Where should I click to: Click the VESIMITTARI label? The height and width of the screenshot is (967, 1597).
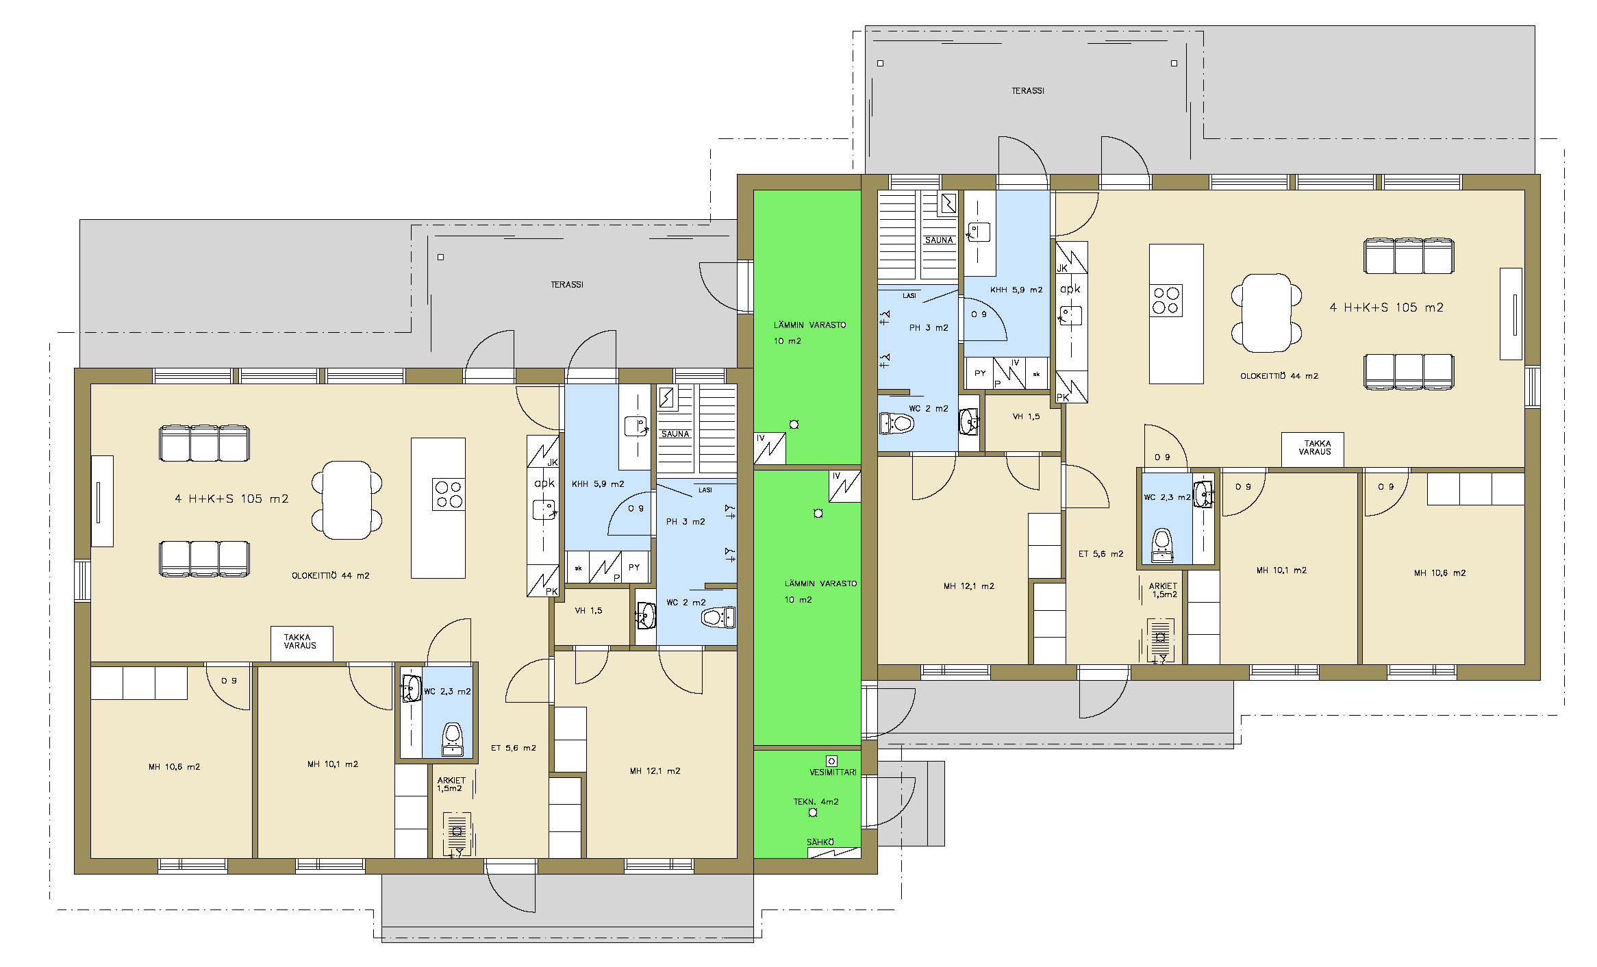pos(833,773)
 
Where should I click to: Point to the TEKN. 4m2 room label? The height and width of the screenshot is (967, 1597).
pos(816,802)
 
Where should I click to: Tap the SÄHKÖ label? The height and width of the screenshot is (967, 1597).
pos(820,842)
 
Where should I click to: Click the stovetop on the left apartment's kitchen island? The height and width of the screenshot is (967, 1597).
pos(449,494)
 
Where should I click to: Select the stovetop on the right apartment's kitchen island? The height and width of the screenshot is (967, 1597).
pos(1166,301)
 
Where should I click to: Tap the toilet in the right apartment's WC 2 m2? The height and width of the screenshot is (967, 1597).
pos(896,423)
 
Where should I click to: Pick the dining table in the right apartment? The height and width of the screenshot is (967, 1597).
pos(1266,313)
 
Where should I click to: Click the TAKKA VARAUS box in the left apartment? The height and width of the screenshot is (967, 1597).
pos(302,644)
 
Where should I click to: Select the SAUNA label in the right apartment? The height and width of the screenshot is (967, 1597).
pos(939,240)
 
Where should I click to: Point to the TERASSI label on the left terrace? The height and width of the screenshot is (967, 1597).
pos(567,285)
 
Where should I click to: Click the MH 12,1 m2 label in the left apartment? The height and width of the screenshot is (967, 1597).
pos(655,771)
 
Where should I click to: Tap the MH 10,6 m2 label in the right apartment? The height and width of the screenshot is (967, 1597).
pos(1439,573)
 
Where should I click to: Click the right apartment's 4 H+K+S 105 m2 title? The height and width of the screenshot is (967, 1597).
pos(1386,307)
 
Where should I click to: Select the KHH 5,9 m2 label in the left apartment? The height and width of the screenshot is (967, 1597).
pos(598,484)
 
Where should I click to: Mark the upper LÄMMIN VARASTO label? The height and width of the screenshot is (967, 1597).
pos(809,333)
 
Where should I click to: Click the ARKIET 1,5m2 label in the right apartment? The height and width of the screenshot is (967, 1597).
pos(1164,590)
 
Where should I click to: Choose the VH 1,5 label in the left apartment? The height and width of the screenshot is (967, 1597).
pos(588,611)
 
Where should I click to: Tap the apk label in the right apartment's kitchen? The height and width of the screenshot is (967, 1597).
pos(1070,289)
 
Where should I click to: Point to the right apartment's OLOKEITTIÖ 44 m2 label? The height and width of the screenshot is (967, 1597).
pos(1279,376)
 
